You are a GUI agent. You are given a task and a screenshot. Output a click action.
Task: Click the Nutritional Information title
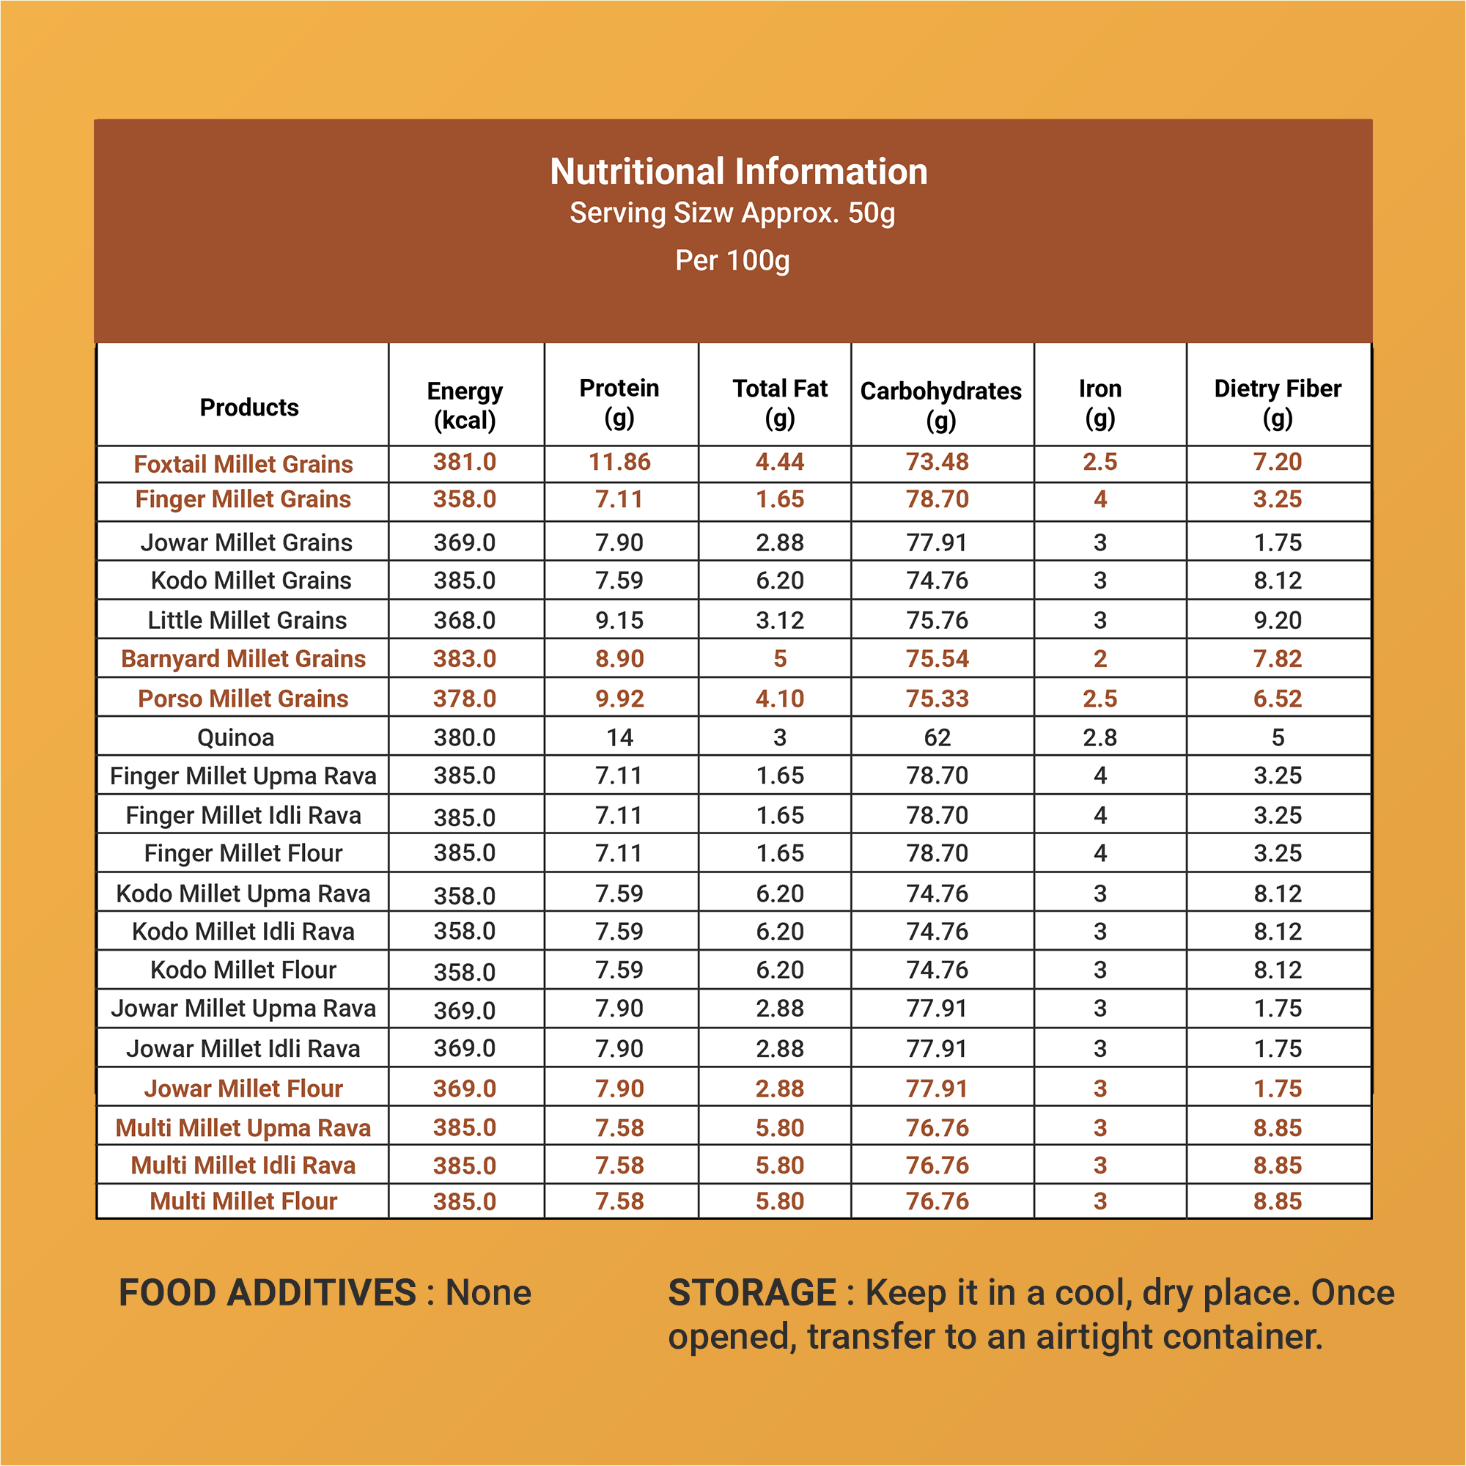(738, 172)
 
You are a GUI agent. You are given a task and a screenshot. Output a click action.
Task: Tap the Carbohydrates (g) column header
(941, 405)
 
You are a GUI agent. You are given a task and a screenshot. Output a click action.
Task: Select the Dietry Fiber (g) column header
(1278, 403)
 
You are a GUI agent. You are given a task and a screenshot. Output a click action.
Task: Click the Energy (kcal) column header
(465, 405)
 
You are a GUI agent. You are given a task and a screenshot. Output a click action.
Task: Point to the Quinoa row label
(235, 737)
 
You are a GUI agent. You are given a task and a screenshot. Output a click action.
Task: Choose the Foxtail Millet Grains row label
(243, 464)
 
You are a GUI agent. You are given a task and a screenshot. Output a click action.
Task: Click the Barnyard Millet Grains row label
(243, 659)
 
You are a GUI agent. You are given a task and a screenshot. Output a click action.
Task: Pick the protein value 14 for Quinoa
(620, 737)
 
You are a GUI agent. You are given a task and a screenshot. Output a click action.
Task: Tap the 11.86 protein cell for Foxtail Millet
(620, 462)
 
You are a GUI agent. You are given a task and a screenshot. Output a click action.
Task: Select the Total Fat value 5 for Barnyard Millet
(780, 659)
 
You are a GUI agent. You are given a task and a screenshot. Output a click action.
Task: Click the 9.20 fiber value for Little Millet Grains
(1278, 620)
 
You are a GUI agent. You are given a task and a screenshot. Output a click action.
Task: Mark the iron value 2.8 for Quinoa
(1100, 737)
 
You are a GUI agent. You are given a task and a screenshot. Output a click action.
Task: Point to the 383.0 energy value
(465, 659)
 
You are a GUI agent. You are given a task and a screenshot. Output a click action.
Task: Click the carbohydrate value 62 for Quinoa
(937, 737)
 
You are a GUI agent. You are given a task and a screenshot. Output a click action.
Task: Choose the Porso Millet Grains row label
(243, 699)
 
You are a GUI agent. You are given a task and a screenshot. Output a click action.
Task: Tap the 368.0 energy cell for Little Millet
(465, 620)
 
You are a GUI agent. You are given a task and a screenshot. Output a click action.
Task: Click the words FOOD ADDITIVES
(268, 1293)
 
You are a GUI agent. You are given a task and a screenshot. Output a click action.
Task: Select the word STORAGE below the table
(752, 1293)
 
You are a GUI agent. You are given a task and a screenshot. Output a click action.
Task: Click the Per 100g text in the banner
(732, 260)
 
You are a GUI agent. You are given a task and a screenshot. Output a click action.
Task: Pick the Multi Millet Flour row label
(243, 1201)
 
